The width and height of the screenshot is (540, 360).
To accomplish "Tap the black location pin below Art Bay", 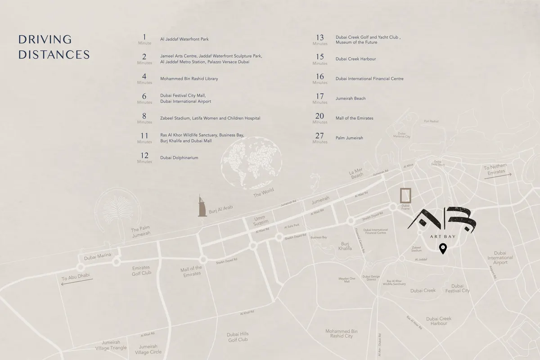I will pos(443,248).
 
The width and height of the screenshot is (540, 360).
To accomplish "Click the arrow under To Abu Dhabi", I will pos(77,280).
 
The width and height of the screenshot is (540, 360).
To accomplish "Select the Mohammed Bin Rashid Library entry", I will pos(189,79).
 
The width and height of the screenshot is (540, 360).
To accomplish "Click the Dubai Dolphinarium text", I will pos(179,158).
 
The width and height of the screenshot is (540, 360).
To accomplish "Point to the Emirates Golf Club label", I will pos(141,270).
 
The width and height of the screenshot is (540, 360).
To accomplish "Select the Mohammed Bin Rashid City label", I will pos(339,333).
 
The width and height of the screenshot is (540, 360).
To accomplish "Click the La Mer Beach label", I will pos(356,175).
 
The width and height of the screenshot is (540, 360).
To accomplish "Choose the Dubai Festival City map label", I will pos(457,288).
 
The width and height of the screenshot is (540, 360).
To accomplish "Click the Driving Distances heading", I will pos(54,47).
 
